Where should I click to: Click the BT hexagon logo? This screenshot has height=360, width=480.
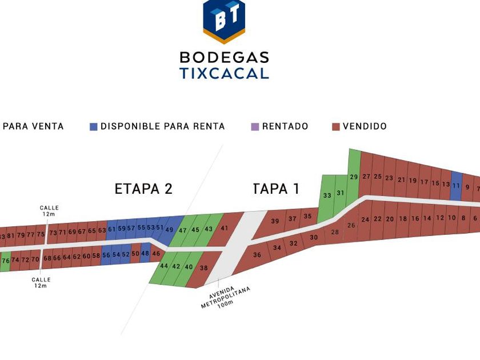point(224,21)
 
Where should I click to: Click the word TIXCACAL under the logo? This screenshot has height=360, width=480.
point(224,74)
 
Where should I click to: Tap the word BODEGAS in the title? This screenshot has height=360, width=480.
point(224,57)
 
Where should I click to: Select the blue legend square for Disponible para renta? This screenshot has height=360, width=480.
point(94,126)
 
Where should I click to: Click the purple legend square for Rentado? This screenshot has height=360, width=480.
point(255,126)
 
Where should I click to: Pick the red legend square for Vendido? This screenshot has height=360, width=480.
point(336,126)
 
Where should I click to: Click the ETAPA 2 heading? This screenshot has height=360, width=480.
point(143,189)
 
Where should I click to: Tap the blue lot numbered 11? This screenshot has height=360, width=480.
point(455,186)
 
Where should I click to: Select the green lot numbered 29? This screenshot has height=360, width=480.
point(354,177)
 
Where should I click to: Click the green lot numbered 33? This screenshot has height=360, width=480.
point(327,195)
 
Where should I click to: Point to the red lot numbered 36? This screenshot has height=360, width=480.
point(257,255)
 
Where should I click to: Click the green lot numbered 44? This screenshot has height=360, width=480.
point(164,266)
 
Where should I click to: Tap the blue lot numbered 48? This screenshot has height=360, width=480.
point(145,253)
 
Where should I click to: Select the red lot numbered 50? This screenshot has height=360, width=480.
point(135,253)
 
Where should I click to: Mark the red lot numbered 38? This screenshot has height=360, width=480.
point(203,268)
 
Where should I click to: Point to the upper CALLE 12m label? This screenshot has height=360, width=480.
point(49,211)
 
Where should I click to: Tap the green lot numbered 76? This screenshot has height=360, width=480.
point(6,261)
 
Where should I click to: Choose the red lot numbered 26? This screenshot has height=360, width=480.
point(351,225)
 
